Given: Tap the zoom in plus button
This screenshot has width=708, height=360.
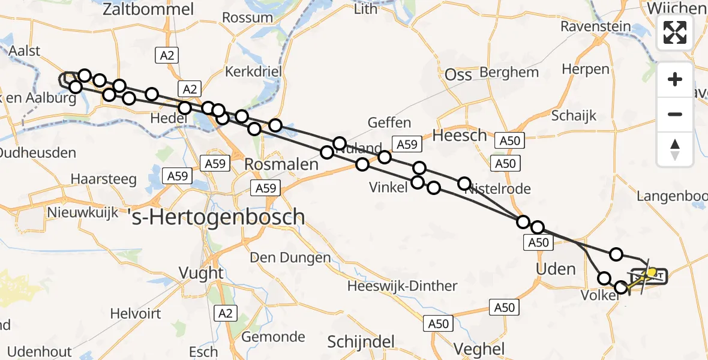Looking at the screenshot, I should tap(675, 79).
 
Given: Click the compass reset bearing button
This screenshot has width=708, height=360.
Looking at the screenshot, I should tap(675, 149).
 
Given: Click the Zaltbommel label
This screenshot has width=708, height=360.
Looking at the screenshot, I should tap(148, 9).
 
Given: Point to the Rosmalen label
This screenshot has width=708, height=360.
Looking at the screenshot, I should tap(281, 164).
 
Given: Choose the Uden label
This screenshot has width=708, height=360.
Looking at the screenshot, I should tap(556, 268).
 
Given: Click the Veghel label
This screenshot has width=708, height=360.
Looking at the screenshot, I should tap(479, 349).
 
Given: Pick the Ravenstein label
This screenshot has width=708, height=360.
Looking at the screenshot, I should tap(595, 26).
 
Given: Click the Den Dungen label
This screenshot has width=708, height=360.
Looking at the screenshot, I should tap(290, 258).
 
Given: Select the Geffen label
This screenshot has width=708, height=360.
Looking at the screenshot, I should tap(390, 123).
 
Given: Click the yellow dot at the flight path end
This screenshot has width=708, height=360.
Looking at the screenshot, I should tap(652, 272).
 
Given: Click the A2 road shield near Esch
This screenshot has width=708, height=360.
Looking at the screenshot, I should tap(225, 313).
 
